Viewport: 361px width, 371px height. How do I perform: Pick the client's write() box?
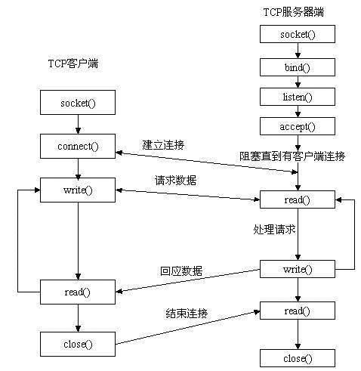point(78,189)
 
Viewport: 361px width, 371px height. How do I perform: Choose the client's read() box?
point(78,291)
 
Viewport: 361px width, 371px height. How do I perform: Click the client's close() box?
point(78,344)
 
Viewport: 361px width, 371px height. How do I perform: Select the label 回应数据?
point(181,271)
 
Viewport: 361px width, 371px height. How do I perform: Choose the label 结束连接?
point(187,312)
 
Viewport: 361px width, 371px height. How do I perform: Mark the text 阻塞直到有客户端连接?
point(292,156)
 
